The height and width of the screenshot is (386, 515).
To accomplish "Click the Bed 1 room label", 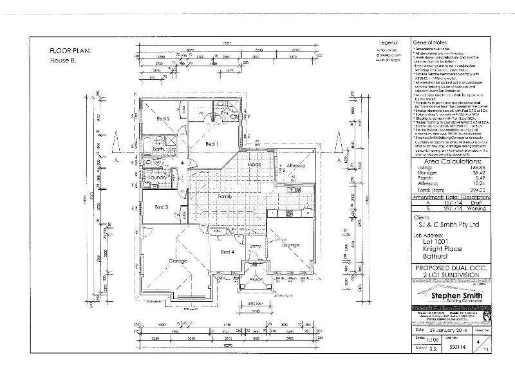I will click(x=212, y=144).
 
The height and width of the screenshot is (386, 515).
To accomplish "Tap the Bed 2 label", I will click(x=164, y=119).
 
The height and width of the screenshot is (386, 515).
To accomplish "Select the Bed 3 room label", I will click(x=162, y=207).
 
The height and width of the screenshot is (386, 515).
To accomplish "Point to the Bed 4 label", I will click(x=227, y=252).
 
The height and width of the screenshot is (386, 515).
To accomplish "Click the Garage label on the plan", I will click(x=178, y=261).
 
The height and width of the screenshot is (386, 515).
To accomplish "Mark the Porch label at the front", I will click(x=256, y=279).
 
